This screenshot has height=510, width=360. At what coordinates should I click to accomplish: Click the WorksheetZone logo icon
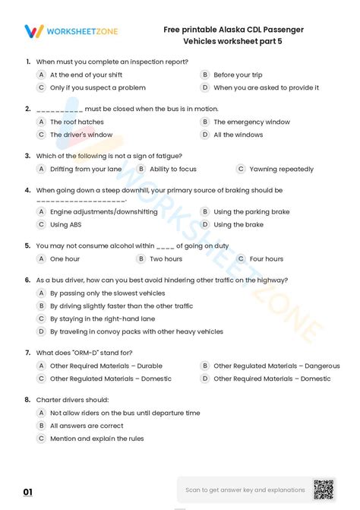pos(33,31)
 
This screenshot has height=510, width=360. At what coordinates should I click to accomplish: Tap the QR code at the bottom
pos(324,489)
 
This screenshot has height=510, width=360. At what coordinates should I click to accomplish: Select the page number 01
pos(28,493)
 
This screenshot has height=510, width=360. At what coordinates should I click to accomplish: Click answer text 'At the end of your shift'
pos(86,75)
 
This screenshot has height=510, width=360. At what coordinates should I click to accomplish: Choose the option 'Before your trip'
pos(238,75)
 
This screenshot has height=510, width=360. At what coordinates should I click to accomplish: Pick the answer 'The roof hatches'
pos(77,122)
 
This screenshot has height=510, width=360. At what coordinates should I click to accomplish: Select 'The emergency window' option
pos(251,122)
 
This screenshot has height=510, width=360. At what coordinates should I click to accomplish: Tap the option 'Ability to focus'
pos(173,169)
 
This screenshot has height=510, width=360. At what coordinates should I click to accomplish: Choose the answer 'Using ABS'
pos(65,225)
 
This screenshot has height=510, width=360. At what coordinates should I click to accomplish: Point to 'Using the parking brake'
pos(251,212)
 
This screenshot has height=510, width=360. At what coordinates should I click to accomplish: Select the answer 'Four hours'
pos(267,258)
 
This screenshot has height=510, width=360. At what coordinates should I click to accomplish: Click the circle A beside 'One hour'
pos(41,258)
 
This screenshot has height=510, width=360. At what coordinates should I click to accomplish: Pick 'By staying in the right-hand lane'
pos(102,318)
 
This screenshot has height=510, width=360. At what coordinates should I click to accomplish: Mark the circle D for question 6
pos(41,331)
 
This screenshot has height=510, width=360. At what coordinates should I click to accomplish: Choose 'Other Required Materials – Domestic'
pos(272,379)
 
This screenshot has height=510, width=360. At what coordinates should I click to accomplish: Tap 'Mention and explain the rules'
pos(96,439)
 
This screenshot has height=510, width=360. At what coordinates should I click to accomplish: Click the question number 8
pos(27,399)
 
